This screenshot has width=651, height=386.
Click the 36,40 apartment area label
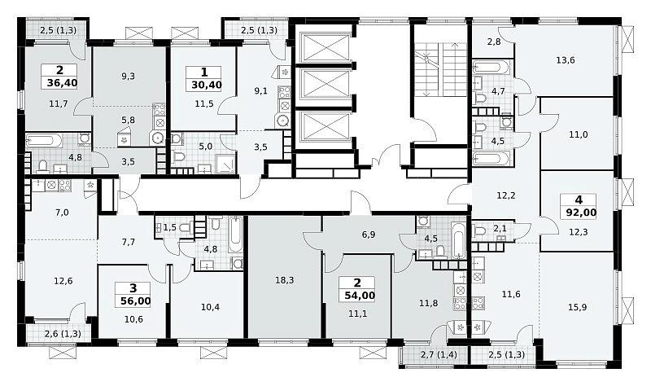click(x=62, y=83)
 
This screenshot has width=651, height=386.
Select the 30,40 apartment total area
click(x=207, y=86)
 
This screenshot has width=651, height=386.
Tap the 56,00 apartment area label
click(x=135, y=300)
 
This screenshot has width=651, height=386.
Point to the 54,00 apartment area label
click(x=360, y=296)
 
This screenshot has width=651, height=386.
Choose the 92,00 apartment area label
click(x=581, y=213)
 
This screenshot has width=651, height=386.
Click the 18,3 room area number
click(x=284, y=280)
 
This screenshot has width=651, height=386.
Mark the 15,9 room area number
click(x=578, y=308)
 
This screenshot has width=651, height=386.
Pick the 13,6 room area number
click(x=566, y=60)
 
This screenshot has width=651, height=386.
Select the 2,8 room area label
click(x=494, y=42)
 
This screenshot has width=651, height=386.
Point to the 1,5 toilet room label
click(x=170, y=227)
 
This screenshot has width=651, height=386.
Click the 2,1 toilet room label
click(x=499, y=228)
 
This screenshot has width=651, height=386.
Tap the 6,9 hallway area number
click(x=369, y=235)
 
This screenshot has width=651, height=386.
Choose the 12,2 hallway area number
click(x=506, y=195)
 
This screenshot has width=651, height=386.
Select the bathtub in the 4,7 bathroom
click(x=491, y=67)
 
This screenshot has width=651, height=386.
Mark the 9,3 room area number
click(x=129, y=77)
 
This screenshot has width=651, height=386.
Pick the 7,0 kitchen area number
click(x=62, y=213)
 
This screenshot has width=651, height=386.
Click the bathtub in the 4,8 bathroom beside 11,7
click(x=44, y=140)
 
